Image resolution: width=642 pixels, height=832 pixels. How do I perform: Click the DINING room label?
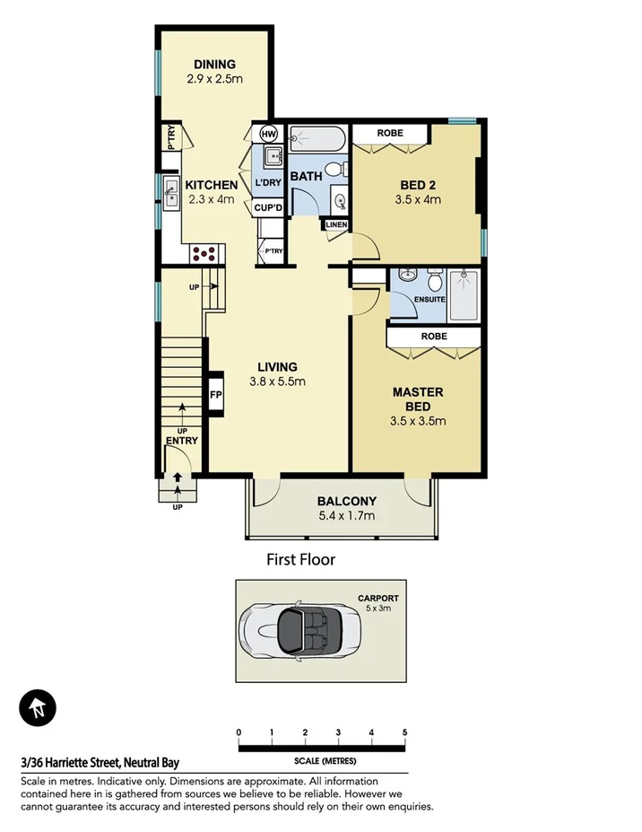[214, 64]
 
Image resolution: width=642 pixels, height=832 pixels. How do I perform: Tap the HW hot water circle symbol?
[268, 134]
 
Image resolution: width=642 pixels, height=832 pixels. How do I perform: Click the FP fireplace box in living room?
[215, 394]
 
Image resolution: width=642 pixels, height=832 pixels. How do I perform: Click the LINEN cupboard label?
[335, 224]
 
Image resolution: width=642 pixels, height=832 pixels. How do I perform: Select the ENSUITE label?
[430, 299]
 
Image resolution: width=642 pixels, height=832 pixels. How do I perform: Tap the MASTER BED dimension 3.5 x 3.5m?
[418, 420]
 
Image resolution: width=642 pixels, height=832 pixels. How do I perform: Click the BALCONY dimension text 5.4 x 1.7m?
[346, 516]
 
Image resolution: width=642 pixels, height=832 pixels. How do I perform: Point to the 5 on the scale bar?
[405, 732]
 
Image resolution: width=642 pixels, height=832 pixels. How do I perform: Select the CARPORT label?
[378, 598]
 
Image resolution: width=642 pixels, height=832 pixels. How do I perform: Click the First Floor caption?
[300, 560]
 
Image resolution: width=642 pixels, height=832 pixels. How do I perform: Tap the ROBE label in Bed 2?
[389, 133]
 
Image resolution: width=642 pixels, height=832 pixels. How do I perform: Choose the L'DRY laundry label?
[268, 184]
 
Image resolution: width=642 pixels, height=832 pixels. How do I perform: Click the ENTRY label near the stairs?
[182, 441]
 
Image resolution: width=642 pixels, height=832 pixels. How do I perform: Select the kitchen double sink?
[169, 189]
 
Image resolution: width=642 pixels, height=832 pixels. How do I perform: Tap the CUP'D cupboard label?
[268, 207]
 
